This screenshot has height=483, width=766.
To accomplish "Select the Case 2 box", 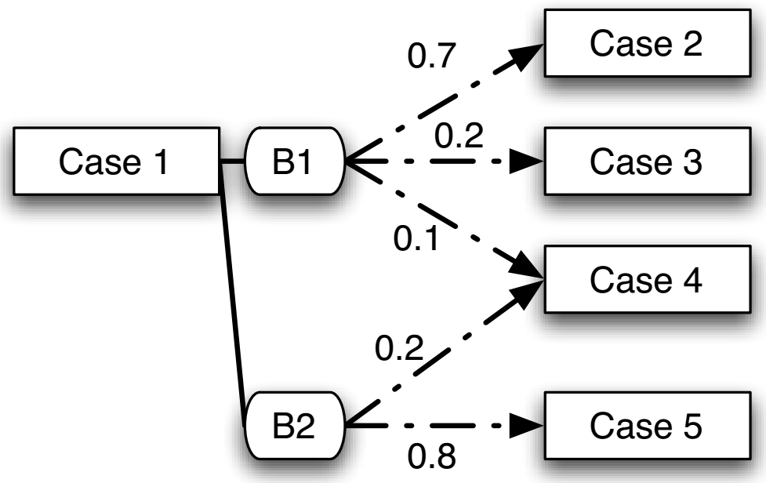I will tap(645, 45).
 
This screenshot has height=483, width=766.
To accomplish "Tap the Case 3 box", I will tap(645, 162).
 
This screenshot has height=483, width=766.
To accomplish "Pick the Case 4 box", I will tap(645, 280).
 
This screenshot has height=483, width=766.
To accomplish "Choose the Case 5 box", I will tap(645, 427).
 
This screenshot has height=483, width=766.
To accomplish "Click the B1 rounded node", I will tap(296, 163).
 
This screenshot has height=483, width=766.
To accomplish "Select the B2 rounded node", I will tap(296, 427).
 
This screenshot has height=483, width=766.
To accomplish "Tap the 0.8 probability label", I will tap(430, 456).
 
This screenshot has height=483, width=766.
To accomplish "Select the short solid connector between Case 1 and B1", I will tap(234, 163).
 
